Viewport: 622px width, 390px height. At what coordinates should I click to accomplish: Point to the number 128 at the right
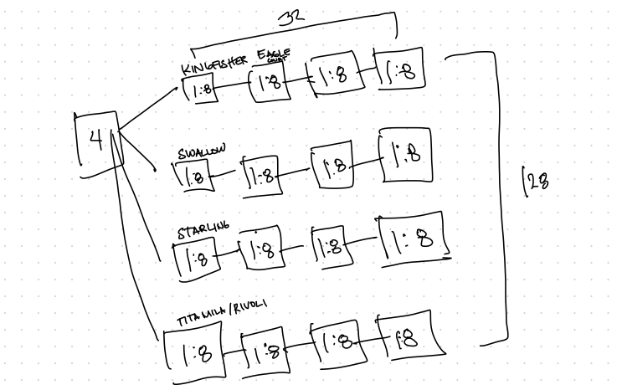click(x=534, y=180)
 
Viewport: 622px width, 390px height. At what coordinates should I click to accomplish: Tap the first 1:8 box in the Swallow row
click(x=194, y=176)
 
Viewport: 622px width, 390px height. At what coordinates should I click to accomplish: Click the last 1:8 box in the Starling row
click(x=411, y=239)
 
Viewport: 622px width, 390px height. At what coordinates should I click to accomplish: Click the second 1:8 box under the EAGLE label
click(x=270, y=84)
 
